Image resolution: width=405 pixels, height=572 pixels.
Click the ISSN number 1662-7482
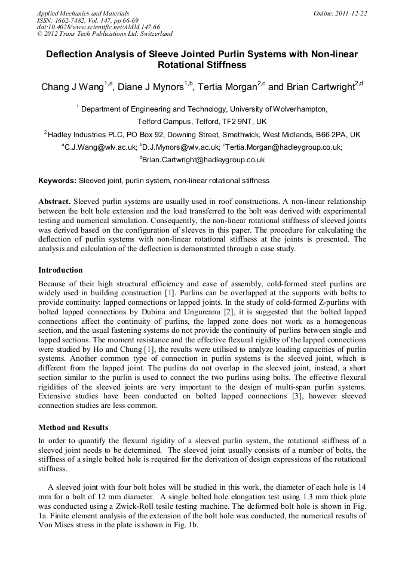tap(76, 20)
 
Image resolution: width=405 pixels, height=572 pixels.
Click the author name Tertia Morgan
tap(227, 88)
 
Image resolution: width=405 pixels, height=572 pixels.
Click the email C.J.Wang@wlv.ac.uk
tap(99, 147)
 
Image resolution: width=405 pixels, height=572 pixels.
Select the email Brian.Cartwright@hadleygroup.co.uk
tap(203, 160)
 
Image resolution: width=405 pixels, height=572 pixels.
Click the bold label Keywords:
tap(58, 180)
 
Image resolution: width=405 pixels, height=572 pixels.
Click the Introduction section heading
tap(60, 270)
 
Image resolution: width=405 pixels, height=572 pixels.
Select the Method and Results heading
tap(73, 428)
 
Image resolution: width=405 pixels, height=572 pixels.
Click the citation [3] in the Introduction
tap(262, 396)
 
